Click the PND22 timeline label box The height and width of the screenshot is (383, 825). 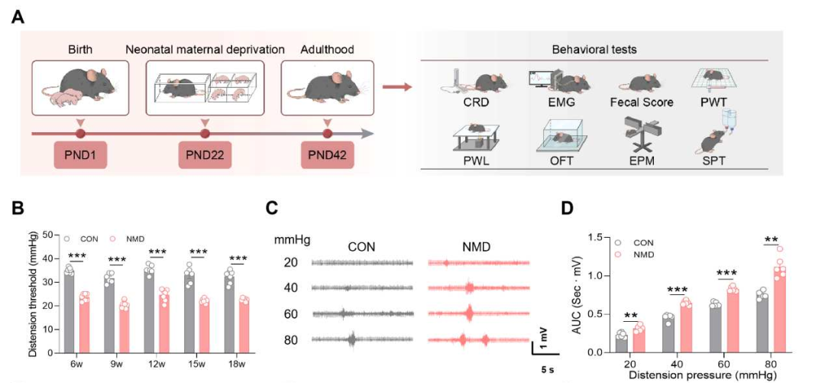(x=205, y=157)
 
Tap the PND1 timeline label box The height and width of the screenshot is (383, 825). (x=80, y=157)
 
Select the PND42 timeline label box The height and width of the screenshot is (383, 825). (x=328, y=157)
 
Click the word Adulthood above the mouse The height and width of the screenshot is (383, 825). (x=327, y=50)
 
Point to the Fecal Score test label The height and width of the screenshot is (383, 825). (x=642, y=101)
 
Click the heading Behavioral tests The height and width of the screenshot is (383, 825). (x=594, y=50)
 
